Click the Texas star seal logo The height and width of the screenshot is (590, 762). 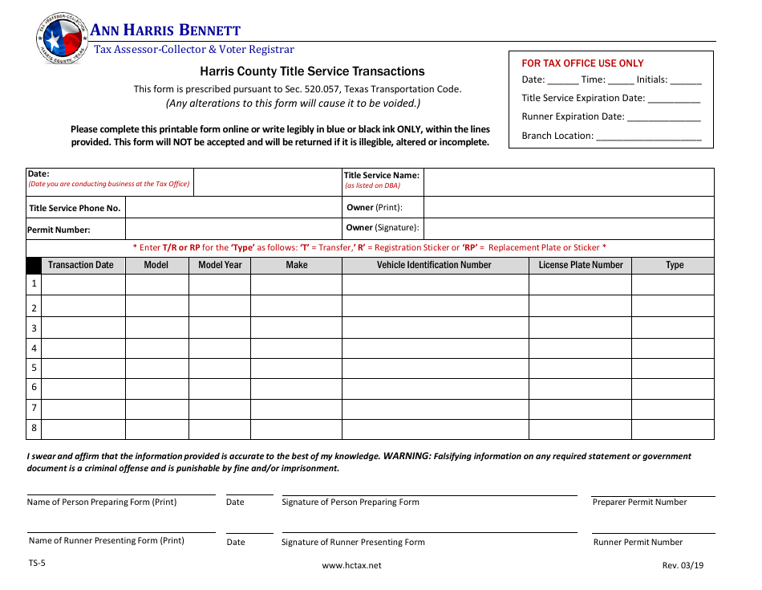61,37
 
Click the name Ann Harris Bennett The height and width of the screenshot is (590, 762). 165,31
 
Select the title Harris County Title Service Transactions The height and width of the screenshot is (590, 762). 312,71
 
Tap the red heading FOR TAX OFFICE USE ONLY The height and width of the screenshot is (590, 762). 582,63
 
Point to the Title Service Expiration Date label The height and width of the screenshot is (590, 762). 583,98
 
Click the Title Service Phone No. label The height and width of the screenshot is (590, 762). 75,208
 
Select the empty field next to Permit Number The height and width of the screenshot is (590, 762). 233,229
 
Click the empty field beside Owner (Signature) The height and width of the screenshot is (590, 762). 568,228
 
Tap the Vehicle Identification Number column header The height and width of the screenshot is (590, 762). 434,265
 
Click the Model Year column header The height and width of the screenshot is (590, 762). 220,265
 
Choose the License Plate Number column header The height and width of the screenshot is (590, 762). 580,265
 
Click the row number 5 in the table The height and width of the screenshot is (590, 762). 34,368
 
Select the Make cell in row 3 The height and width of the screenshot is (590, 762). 296,328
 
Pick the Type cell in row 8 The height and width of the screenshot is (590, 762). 672,429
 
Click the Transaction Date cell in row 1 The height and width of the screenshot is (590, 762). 83,284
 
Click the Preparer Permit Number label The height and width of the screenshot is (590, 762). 639,503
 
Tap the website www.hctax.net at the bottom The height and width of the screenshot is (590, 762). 351,565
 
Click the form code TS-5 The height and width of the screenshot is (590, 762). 37,563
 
